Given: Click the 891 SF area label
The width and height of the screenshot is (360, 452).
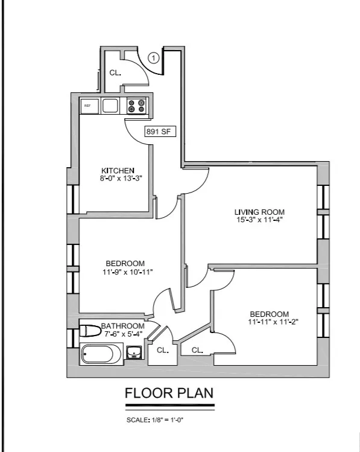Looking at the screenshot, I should pos(160,131).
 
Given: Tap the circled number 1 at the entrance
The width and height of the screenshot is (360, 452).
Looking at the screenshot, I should pos(154,59).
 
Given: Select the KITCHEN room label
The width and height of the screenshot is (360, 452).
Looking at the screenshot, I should pos(118,170).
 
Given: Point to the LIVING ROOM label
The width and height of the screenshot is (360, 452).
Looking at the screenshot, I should pos(259,212).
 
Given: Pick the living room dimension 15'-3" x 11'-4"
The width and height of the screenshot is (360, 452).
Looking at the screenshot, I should pos(259,220).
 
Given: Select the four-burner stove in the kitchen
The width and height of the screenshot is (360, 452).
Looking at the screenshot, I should pos(136,106).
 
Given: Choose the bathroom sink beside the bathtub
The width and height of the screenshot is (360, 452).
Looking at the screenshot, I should pos(134,352).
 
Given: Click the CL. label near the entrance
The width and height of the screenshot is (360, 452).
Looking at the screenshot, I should pos(115,72).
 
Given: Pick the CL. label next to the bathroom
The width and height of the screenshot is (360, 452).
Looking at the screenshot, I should pos(162,350).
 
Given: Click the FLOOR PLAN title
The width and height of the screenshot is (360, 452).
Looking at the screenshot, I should pos(169,393).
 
